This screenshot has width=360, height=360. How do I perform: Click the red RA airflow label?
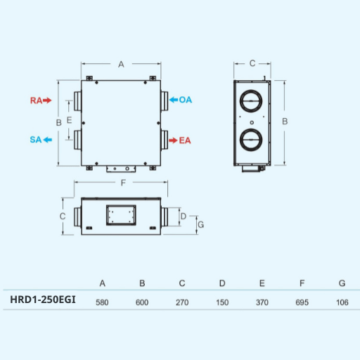pyautogui.click(x=36, y=101)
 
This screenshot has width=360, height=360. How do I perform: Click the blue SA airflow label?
pyautogui.click(x=36, y=140)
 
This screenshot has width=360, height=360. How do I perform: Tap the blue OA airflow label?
pyautogui.click(x=185, y=100)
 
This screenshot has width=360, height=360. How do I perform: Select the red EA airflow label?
pyautogui.click(x=184, y=141)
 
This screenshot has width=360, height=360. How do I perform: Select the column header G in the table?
pyautogui.click(x=342, y=283)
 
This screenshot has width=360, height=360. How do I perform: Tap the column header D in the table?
pyautogui.click(x=222, y=283)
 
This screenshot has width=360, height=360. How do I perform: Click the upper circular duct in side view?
pyautogui.click(x=250, y=101)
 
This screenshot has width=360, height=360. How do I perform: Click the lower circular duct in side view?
pyautogui.click(x=250, y=137)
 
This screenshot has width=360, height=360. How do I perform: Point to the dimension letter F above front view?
pyautogui.click(x=124, y=183)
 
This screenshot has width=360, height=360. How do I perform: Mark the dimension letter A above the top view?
pyautogui.click(x=121, y=65)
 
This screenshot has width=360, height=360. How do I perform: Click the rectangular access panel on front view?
pyautogui.click(x=121, y=214)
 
